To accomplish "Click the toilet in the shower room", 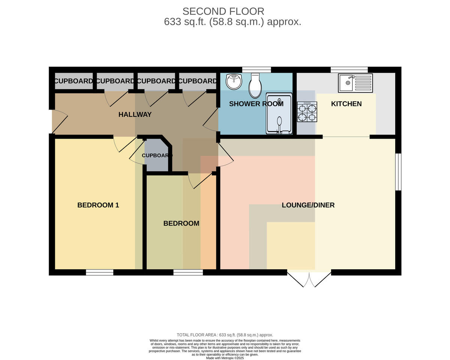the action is tap(255, 85).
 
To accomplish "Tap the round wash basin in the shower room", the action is tap(234, 82).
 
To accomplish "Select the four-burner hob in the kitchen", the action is tap(307, 112).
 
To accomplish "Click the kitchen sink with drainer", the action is tap(355, 83).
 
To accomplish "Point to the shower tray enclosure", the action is tap(279, 114).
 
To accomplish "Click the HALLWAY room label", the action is tap(135, 115).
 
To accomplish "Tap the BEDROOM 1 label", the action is tap(98, 205).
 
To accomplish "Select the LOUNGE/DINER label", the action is tap(308, 205).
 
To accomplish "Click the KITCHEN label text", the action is tap(346, 104).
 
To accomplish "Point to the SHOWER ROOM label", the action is tap(256, 104).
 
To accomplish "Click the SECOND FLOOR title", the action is tap(223, 12).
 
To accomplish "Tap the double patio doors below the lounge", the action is tap(309, 279).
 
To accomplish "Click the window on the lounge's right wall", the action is tap(398, 172).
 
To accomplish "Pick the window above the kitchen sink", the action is tap(349, 70).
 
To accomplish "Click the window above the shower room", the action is tap(256, 70).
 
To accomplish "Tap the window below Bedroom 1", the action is tap(99, 272).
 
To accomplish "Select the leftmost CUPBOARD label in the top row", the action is tap(73, 81).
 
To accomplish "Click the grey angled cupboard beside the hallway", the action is tap(157, 155).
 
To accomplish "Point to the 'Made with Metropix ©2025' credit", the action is tap(225, 358).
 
